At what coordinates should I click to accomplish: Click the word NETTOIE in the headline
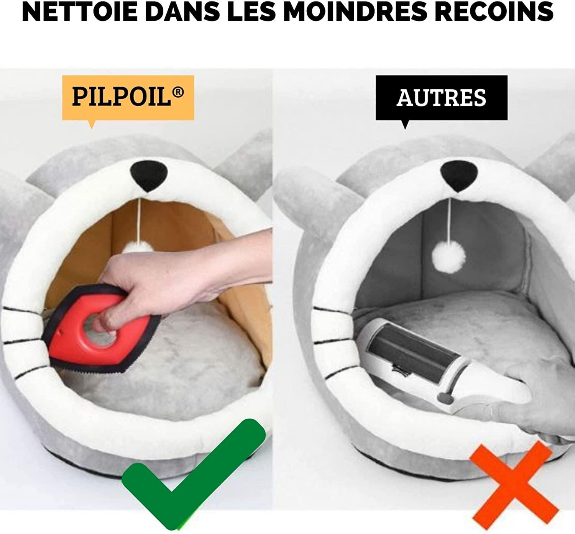79,12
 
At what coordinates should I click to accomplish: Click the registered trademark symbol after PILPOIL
179,92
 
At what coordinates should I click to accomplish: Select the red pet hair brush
101,329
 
